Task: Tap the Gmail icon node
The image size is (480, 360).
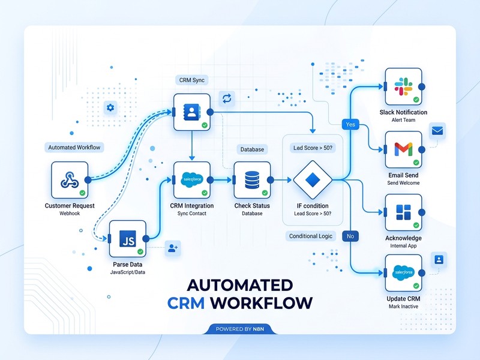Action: pyautogui.click(x=403, y=149)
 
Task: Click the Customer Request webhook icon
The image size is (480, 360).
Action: pyautogui.click(x=70, y=179)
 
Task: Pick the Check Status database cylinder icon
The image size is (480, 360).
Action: pyautogui.click(x=252, y=179)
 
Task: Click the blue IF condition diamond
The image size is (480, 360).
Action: pyautogui.click(x=312, y=179)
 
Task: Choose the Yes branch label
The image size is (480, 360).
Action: pyautogui.click(x=350, y=124)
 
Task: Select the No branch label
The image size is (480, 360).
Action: pyautogui.click(x=350, y=236)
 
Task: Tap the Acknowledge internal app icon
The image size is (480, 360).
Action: pyautogui.click(x=403, y=212)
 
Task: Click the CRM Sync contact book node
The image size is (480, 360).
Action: pyautogui.click(x=191, y=112)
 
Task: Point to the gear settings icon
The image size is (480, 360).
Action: pyautogui.click(x=110, y=108)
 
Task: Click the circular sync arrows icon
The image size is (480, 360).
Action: pyautogui.click(x=227, y=98)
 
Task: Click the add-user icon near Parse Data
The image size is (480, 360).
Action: pyautogui.click(x=172, y=247)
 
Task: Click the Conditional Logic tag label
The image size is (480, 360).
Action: pyautogui.click(x=310, y=236)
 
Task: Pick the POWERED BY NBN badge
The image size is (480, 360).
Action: pyautogui.click(x=239, y=328)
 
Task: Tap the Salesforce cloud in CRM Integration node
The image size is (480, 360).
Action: pyautogui.click(x=191, y=179)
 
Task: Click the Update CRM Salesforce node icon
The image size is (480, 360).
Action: pyautogui.click(x=403, y=273)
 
